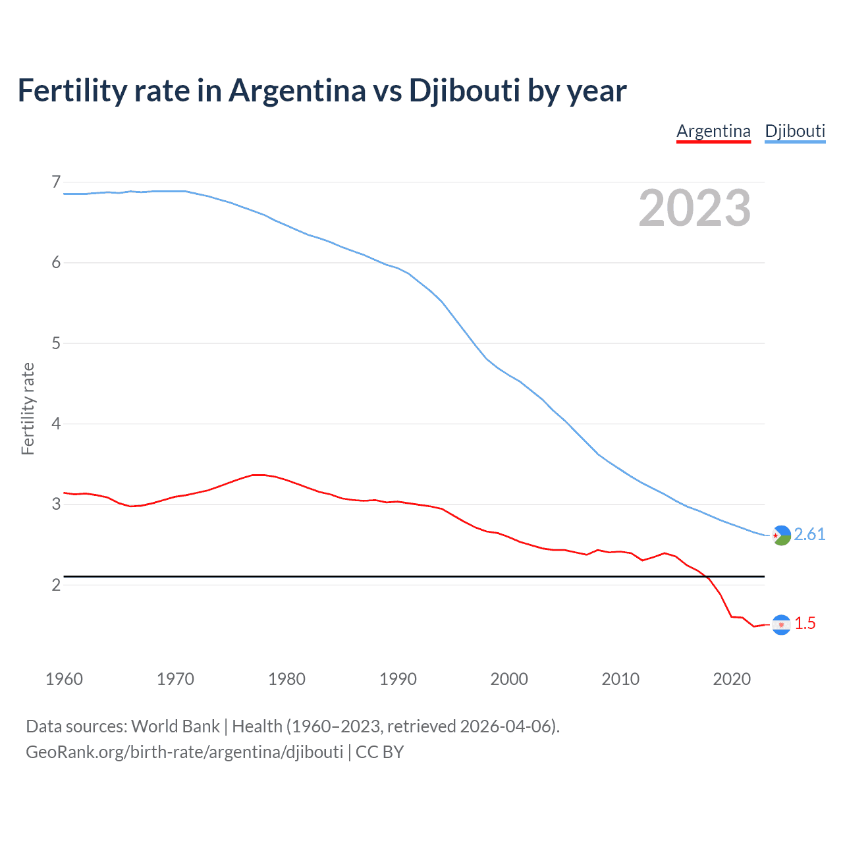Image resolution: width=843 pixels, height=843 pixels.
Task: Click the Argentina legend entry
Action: (713, 131)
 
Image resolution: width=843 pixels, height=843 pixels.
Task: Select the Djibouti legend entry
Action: (795, 131)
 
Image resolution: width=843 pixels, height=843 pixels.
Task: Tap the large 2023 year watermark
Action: (695, 208)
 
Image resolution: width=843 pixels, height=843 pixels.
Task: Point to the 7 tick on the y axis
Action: (56, 182)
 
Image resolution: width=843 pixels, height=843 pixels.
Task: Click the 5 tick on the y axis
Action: (56, 343)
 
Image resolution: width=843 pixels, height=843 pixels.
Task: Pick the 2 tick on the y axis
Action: (56, 585)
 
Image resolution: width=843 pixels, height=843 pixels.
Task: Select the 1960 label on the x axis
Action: (64, 679)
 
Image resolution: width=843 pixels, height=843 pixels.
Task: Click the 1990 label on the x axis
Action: (398, 679)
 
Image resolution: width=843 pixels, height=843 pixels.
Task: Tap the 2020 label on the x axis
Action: (732, 679)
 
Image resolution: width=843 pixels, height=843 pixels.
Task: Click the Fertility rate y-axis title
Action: (28, 408)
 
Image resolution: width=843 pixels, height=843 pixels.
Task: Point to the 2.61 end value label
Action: (809, 534)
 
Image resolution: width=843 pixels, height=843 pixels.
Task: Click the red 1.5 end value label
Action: (805, 623)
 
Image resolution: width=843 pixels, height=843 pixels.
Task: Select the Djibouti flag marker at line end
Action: (781, 535)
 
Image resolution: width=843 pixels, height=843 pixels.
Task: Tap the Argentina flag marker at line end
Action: (781, 624)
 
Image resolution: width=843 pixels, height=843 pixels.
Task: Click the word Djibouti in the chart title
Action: (464, 90)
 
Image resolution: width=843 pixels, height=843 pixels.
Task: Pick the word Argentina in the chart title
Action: (297, 90)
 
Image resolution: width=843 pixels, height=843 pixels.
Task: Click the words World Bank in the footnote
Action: (175, 726)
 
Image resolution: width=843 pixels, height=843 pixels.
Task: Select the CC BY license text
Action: (379, 752)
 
